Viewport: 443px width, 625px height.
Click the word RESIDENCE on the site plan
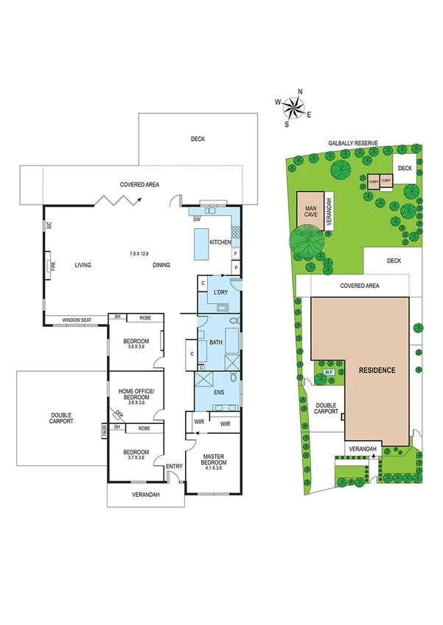[377, 370]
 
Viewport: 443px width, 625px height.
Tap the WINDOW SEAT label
[77, 319]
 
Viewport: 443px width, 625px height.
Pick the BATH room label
[216, 342]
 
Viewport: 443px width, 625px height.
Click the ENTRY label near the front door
[174, 465]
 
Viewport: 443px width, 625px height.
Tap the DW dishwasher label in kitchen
[197, 219]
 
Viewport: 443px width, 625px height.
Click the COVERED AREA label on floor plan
[140, 184]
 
